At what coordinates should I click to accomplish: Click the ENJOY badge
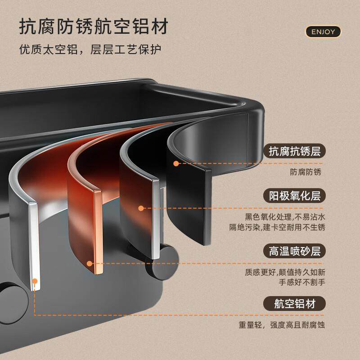[x=323, y=31]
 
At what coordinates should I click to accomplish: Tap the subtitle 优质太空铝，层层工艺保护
[x=90, y=49]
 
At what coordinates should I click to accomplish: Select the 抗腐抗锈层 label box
[x=294, y=151]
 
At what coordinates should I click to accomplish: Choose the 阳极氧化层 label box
[x=294, y=196]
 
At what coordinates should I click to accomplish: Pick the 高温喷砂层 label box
[x=294, y=251]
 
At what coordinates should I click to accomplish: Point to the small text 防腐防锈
[x=306, y=171]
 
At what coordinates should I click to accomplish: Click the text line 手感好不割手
[x=302, y=282]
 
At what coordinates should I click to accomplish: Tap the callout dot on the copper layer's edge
[x=90, y=264]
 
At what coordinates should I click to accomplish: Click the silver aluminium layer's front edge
[x=33, y=243]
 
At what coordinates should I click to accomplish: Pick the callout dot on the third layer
[x=141, y=208]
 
